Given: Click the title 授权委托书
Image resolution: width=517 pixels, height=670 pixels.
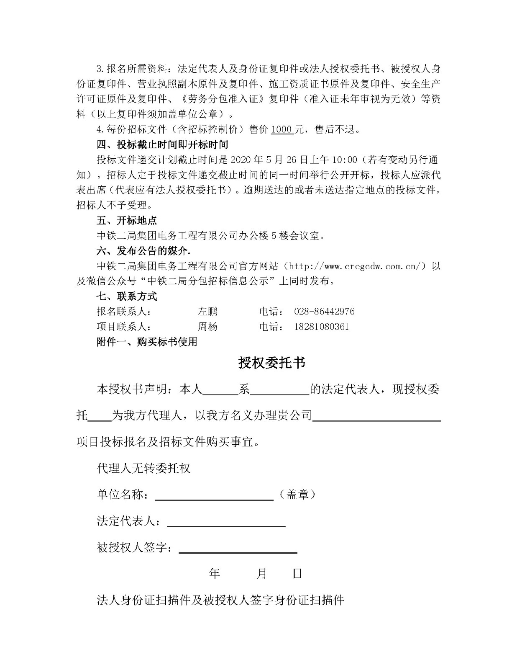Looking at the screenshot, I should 271,363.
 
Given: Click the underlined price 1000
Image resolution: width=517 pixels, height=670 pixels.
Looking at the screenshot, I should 282,129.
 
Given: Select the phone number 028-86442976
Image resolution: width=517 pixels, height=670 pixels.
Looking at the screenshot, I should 324,312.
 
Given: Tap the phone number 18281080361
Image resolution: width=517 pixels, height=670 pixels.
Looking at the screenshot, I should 321,327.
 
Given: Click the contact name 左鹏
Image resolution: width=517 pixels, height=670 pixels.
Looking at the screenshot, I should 207,312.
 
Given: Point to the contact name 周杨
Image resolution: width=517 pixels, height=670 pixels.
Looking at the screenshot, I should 207,327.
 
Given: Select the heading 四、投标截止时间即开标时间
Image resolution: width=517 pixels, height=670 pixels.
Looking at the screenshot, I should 163,145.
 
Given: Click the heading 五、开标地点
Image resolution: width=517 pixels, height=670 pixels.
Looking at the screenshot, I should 127,221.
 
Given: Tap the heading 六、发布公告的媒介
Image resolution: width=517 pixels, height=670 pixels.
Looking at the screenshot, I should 143,251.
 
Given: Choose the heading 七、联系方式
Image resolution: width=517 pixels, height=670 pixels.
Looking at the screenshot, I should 127,296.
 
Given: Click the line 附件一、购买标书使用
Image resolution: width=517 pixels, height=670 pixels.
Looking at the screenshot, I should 147,342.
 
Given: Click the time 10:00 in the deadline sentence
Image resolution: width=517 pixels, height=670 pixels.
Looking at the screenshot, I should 345,160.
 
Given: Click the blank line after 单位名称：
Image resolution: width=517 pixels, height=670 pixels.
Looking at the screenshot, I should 214,496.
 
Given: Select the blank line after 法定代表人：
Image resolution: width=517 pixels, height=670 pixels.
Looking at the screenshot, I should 226,522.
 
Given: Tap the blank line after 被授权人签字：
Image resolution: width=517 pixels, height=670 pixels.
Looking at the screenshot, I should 238,549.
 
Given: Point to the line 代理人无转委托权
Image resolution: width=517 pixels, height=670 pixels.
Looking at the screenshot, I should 144,468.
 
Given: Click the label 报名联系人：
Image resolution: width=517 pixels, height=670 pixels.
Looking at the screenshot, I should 124,312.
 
